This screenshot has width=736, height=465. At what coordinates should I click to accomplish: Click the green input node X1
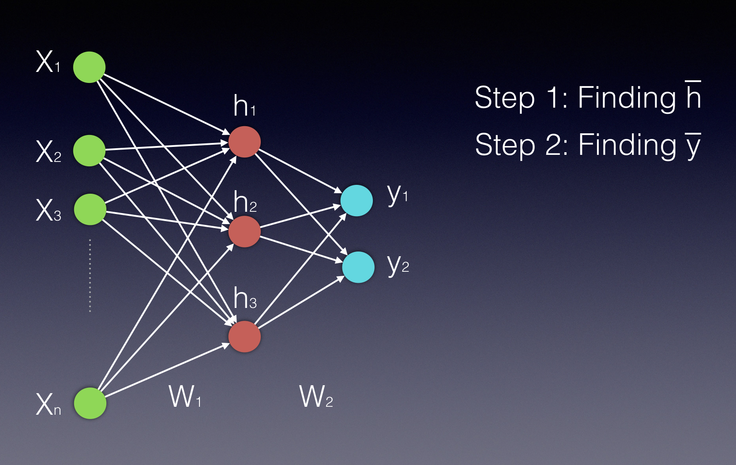(x=89, y=67)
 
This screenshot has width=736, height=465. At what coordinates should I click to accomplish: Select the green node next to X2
(x=89, y=150)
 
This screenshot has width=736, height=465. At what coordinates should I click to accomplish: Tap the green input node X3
(x=90, y=209)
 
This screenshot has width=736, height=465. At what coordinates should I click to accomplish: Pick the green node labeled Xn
(x=90, y=403)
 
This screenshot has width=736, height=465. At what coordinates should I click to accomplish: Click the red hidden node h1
(x=244, y=142)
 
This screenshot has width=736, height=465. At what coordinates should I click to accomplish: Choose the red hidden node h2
(x=244, y=231)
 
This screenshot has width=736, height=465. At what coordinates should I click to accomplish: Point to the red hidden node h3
(x=244, y=336)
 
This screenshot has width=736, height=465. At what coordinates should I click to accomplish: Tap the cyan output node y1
(x=357, y=200)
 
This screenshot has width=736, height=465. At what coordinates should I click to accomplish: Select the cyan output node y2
(x=358, y=267)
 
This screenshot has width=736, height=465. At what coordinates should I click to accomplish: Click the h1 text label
(x=244, y=106)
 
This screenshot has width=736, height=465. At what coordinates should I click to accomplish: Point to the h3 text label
(x=245, y=298)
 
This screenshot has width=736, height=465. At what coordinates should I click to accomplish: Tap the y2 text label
(x=398, y=265)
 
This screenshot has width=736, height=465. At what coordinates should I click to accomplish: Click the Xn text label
(x=48, y=404)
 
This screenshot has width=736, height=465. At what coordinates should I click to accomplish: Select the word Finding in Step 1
(x=627, y=98)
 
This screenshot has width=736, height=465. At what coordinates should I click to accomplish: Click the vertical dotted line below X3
(x=90, y=276)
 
